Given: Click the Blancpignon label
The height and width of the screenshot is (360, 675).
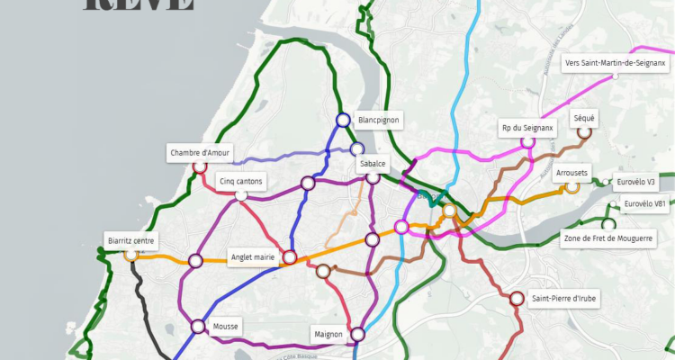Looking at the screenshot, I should tap(378, 119).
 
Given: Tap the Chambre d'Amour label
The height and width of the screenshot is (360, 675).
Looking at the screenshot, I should tap(200, 152).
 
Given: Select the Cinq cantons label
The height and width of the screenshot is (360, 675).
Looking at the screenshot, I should tap(241, 181).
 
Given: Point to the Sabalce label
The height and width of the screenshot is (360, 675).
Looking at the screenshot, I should tap(373, 164).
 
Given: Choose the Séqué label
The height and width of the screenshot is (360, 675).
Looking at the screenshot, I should tap(583, 118).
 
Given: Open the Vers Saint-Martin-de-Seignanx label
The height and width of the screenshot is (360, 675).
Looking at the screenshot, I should tap(615, 63).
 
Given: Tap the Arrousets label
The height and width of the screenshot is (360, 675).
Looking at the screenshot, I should tap(571, 172).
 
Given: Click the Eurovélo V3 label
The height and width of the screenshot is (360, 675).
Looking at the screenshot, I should tap(636, 182).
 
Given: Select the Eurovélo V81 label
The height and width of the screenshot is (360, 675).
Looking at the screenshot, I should tap(645, 204).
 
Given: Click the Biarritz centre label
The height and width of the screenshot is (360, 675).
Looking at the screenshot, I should tap(131, 240).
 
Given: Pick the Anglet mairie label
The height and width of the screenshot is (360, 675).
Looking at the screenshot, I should tap(253, 256).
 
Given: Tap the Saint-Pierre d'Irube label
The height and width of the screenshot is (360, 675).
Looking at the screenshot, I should tap(563, 298).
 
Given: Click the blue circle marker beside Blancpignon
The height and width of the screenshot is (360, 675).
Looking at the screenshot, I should tap(343, 120).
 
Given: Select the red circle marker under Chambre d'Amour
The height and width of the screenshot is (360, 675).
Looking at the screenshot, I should tap(200, 166).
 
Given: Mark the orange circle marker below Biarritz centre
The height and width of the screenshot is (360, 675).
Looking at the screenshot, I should tap(131, 255).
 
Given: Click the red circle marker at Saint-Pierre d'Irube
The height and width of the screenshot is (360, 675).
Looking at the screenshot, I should tap(517, 299).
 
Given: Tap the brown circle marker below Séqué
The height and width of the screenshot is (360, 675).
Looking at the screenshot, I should tap(584, 132).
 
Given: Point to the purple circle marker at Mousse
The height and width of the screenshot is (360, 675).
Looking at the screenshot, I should tap(198, 326).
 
